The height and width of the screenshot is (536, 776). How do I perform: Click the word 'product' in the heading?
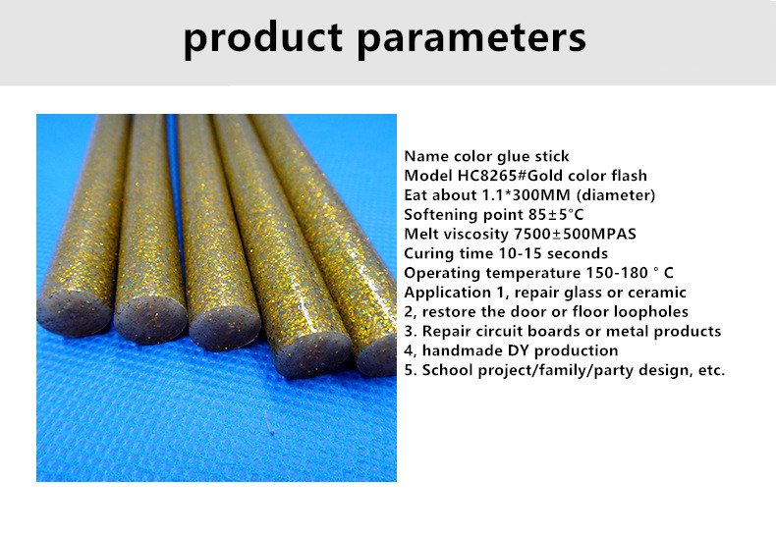pos(263,38)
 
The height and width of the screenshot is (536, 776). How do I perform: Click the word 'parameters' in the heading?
pos(471,39)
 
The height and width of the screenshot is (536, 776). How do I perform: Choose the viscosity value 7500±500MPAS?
pos(575,234)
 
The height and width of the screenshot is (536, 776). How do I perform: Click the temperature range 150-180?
pos(617,273)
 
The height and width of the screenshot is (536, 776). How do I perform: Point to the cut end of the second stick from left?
pos(150,319)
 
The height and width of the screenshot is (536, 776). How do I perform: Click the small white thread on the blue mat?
pos(269,424)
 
